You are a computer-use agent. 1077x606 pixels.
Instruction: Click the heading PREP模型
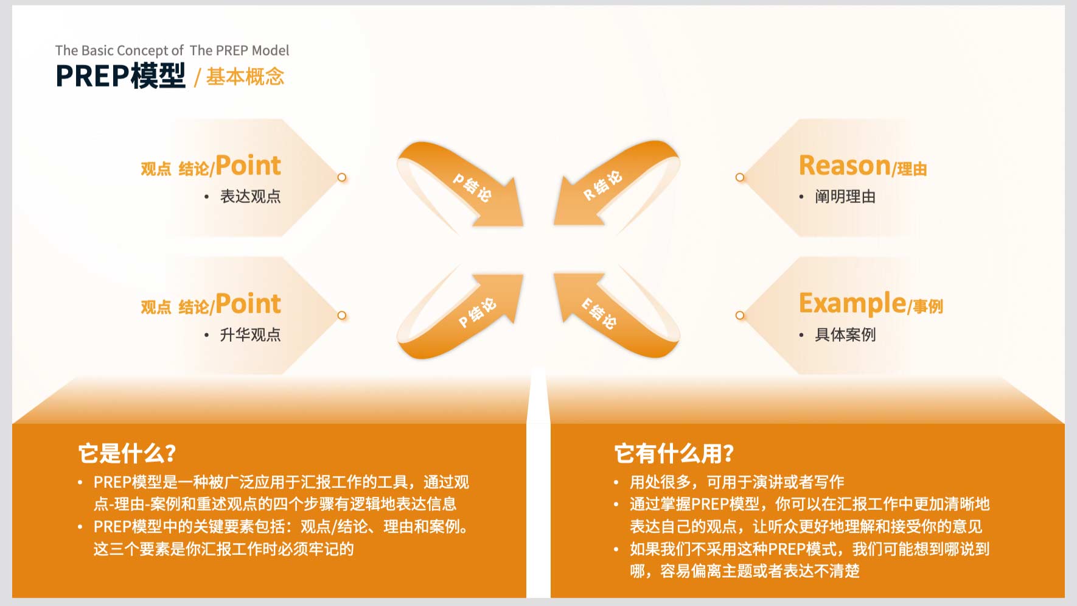(120, 76)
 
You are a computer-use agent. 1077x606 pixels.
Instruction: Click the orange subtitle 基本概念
(245, 77)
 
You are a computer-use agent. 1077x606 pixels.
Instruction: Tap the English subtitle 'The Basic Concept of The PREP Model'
(172, 51)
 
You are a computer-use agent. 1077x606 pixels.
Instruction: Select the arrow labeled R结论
(615, 183)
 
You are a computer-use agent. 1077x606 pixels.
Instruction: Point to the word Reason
(845, 165)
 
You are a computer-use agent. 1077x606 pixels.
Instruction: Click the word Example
(852, 303)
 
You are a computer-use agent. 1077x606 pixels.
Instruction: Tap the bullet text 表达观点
(250, 196)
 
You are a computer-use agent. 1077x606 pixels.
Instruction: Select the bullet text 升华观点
(250, 334)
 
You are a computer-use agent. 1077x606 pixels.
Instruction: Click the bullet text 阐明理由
(845, 197)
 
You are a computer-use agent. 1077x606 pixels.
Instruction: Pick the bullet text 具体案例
(845, 334)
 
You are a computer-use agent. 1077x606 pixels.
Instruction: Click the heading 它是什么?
(127, 454)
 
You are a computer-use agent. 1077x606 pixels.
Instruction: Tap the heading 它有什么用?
(674, 454)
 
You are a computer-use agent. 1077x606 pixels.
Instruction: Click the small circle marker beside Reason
(740, 177)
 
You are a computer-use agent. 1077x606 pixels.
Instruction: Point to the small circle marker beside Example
(740, 315)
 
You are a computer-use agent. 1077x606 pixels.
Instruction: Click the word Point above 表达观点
(248, 166)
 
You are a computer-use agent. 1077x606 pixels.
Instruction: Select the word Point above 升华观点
(248, 304)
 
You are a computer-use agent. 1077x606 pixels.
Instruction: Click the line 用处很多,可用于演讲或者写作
(737, 482)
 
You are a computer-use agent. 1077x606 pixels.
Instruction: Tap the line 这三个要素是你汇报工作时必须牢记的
(223, 549)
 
